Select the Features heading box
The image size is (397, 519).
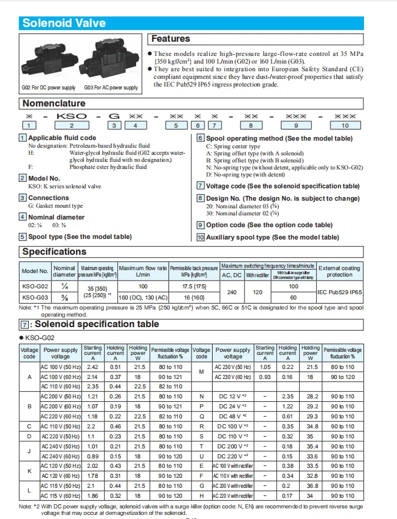(x=171, y=39)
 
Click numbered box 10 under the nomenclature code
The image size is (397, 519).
(x=345, y=125)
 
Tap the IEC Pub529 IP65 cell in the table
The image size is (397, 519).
(x=340, y=292)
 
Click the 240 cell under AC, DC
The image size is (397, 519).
(x=231, y=292)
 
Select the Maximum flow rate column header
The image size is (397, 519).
(x=143, y=271)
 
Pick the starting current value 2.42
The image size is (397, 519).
(x=92, y=367)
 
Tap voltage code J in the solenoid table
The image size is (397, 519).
(x=29, y=451)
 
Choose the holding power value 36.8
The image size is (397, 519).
(x=311, y=486)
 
